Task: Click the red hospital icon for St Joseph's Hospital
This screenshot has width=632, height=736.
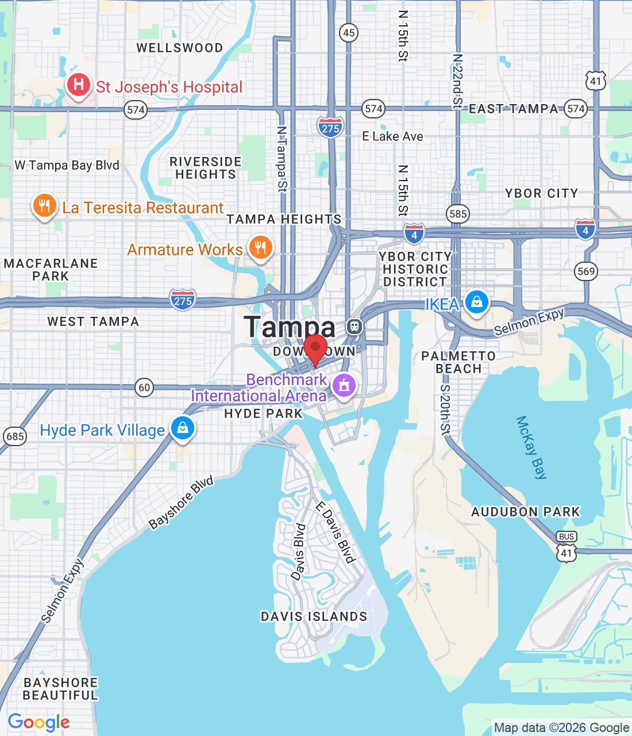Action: (x=79, y=85)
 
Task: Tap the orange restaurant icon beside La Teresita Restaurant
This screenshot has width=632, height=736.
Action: (x=44, y=205)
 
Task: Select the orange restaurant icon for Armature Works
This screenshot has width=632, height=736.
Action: (x=260, y=248)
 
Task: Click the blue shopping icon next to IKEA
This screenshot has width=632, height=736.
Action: (x=476, y=301)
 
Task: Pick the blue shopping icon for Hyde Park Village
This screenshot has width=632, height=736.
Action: (x=183, y=428)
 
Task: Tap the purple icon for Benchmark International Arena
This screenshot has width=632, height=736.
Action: (x=344, y=384)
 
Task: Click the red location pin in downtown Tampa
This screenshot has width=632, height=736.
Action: (x=315, y=349)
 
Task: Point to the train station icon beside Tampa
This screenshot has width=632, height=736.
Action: (x=354, y=327)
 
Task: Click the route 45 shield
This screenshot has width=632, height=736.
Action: (x=349, y=33)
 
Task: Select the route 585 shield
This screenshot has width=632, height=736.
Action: (x=458, y=214)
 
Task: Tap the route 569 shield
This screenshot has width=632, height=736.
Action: (x=586, y=271)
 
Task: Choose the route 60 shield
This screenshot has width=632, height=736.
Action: (x=144, y=388)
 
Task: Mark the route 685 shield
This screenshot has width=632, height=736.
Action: (x=15, y=436)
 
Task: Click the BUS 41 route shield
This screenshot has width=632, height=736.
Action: (x=567, y=546)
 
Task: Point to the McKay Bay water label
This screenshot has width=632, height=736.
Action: (x=531, y=447)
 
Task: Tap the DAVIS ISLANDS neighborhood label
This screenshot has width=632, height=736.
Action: (x=314, y=616)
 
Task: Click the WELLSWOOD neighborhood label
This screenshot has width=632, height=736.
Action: (x=179, y=48)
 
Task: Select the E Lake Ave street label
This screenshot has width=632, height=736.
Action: (x=392, y=136)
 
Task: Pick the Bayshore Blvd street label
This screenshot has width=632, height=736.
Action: (x=181, y=502)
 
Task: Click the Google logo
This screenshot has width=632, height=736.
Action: (x=38, y=722)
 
